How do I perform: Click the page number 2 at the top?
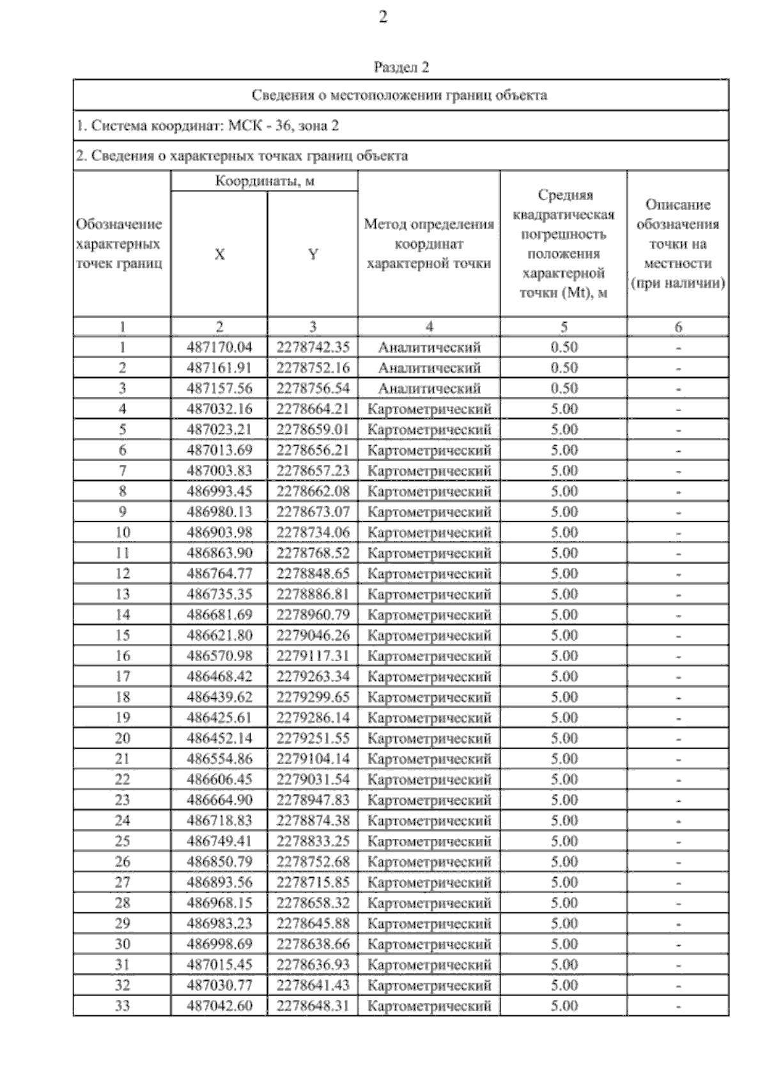[x=383, y=18]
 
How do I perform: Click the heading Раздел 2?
[x=401, y=67]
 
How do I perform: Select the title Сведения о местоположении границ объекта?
[x=400, y=95]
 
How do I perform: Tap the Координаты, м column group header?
[x=264, y=181]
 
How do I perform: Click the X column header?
[x=219, y=254]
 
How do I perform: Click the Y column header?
[x=313, y=254]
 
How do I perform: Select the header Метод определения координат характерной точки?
[x=429, y=244]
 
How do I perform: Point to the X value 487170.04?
[x=219, y=347]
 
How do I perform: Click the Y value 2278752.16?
[x=313, y=368]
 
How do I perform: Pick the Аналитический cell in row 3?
[x=429, y=388]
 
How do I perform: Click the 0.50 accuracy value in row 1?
[x=564, y=347]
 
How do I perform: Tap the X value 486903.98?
[x=219, y=532]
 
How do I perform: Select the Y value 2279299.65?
[x=313, y=697]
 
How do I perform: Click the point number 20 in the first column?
[x=122, y=738]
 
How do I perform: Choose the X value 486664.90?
[x=219, y=800]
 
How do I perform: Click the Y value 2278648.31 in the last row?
[x=313, y=1005]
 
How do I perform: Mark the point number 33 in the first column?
[x=122, y=1005]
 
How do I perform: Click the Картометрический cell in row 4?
[x=429, y=409]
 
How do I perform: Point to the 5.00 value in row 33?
[x=564, y=1005]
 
